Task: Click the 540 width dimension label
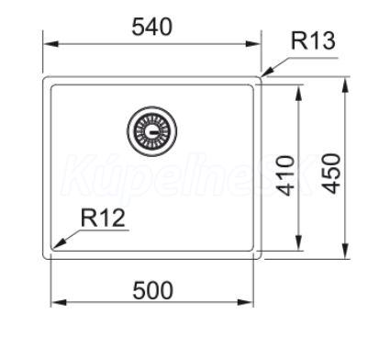(x=152, y=27)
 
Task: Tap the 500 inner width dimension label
(x=153, y=290)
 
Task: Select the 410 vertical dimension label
(x=286, y=175)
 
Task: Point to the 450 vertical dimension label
(x=332, y=174)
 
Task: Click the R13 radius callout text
(x=313, y=41)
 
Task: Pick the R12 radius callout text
(x=103, y=218)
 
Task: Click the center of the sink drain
(x=152, y=131)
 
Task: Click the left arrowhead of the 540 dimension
(x=50, y=44)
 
